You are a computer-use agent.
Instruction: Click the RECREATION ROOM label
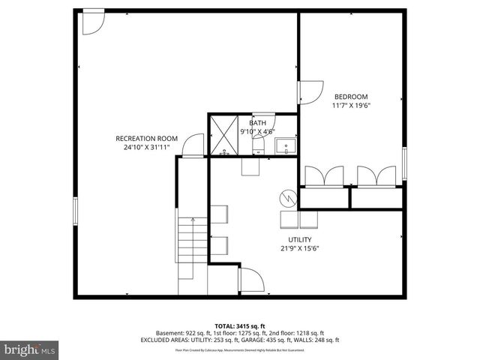pyautogui.click(x=146, y=138)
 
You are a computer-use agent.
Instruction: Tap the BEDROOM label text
pyautogui.click(x=351, y=96)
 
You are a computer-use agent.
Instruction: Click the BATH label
pyautogui.click(x=257, y=123)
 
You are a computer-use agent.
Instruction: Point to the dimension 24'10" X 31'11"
pyautogui.click(x=146, y=148)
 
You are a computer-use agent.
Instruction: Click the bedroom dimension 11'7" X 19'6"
pyautogui.click(x=351, y=106)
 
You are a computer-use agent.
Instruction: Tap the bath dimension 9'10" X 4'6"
pyautogui.click(x=257, y=132)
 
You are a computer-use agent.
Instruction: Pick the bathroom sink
pyautogui.click(x=285, y=144)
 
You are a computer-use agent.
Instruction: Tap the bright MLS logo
pyautogui.click(x=30, y=349)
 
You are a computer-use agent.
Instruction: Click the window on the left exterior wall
pyautogui.click(x=75, y=211)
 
